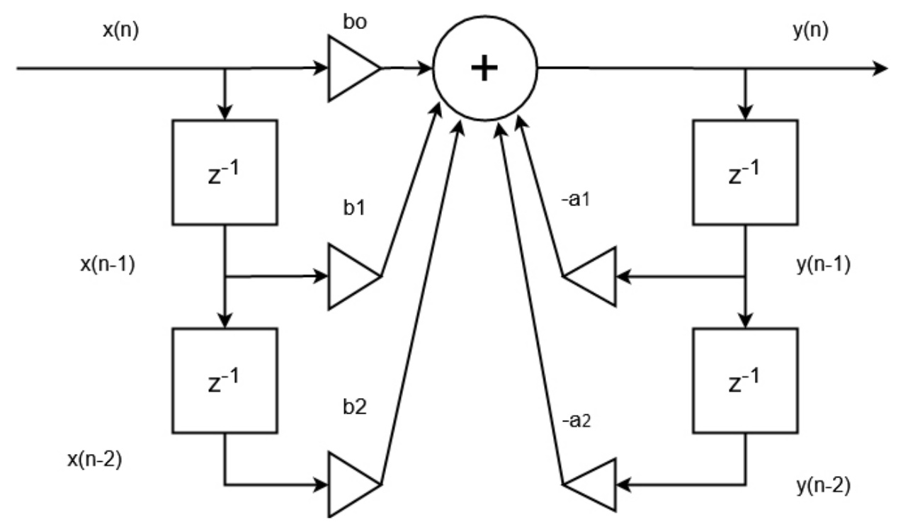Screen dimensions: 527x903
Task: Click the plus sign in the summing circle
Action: click(x=485, y=69)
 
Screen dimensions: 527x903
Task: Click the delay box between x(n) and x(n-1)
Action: click(x=225, y=173)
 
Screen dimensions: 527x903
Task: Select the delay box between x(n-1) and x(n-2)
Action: click(x=225, y=381)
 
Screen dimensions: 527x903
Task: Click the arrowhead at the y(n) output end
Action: click(x=880, y=69)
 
